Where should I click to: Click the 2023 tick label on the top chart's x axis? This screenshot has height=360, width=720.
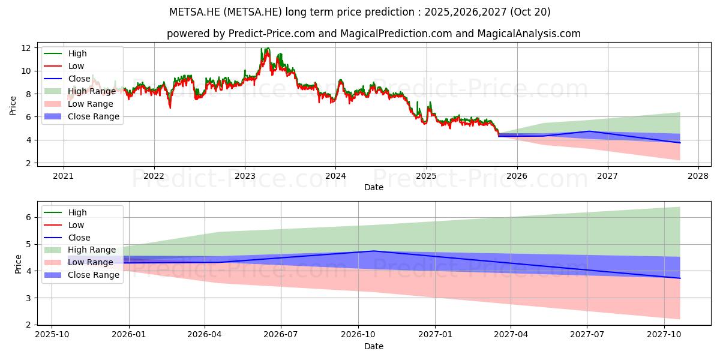(x=244, y=176)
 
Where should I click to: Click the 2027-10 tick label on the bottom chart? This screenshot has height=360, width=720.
(x=664, y=335)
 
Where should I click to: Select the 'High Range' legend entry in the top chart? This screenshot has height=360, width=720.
(x=92, y=91)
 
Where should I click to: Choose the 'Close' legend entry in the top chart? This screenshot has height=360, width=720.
(x=79, y=79)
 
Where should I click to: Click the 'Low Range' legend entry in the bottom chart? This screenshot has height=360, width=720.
(x=91, y=262)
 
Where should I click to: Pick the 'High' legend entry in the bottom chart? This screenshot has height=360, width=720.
(x=77, y=212)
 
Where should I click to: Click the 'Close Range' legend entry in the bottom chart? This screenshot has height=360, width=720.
(x=94, y=275)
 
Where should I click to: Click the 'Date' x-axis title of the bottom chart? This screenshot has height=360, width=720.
(x=373, y=346)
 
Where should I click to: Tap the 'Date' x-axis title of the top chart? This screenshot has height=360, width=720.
(x=373, y=187)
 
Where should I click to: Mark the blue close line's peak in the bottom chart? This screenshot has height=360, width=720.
(x=373, y=251)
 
